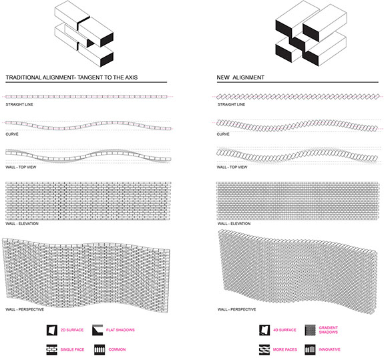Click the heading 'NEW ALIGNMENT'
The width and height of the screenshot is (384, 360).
(x=240, y=77)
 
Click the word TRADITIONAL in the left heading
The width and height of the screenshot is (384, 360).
(x=24, y=77)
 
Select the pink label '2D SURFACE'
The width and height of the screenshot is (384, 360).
(x=72, y=330)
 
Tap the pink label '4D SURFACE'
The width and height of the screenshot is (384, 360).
(x=284, y=330)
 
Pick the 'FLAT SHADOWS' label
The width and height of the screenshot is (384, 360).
(x=120, y=330)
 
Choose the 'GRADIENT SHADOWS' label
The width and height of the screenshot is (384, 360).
(x=328, y=330)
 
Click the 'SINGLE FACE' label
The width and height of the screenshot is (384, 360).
(x=72, y=349)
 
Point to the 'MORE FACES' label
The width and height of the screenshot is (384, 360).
(x=284, y=349)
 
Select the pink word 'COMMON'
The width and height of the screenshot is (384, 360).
(x=117, y=349)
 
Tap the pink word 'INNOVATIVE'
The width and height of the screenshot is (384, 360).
(x=329, y=349)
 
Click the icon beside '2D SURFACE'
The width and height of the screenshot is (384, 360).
(x=52, y=330)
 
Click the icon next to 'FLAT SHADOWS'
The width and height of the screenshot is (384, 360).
(x=98, y=330)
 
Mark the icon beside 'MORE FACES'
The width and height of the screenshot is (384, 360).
(x=264, y=350)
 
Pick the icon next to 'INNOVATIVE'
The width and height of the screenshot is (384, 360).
(x=310, y=350)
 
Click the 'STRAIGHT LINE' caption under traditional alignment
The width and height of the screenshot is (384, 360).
(x=19, y=105)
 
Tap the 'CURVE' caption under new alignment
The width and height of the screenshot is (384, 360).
(x=223, y=134)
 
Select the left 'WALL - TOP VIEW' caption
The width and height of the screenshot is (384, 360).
(x=21, y=167)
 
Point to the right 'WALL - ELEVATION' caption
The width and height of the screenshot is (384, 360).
(x=234, y=224)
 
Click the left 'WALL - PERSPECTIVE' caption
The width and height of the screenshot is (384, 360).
(x=25, y=309)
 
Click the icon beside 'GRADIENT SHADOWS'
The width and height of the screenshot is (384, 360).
(x=310, y=330)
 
